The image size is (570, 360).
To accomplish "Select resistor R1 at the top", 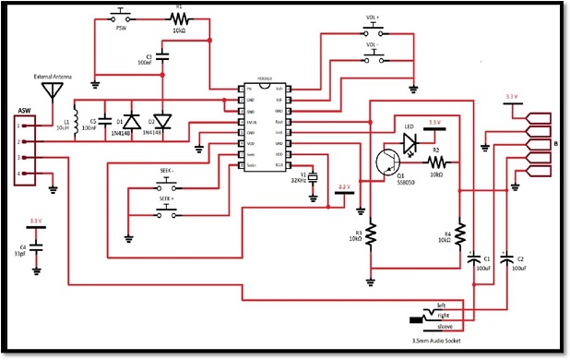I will (180, 17).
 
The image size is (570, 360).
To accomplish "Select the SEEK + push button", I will (167, 208).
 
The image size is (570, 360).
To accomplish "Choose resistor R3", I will (371, 235).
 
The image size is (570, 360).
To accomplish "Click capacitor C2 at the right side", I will (506, 259).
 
